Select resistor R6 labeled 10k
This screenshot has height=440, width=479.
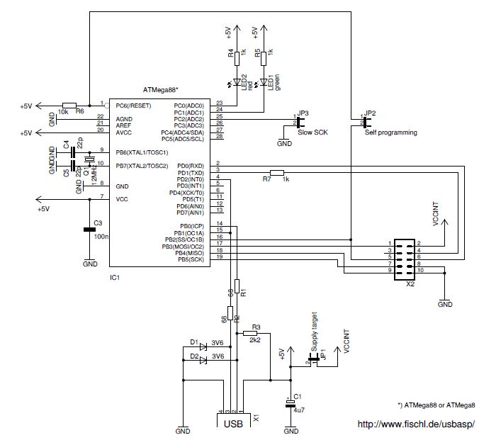(69, 104)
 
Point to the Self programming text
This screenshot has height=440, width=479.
(390, 132)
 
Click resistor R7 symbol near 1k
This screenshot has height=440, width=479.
(276, 172)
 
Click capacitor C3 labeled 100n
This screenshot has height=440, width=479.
(90, 230)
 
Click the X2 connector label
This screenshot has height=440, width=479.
(409, 282)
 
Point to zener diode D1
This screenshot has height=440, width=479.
(203, 346)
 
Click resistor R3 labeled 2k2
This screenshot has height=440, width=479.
(251, 332)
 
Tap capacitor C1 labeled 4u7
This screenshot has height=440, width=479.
(290, 402)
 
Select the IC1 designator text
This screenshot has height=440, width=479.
(115, 278)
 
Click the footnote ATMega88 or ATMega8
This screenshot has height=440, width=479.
(436, 405)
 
